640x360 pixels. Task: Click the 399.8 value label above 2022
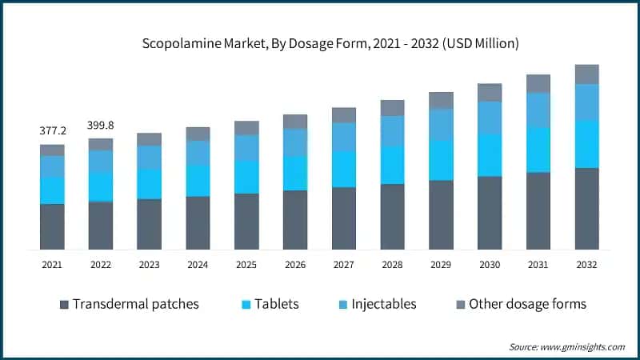click(x=101, y=125)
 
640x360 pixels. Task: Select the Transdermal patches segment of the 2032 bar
click(x=586, y=208)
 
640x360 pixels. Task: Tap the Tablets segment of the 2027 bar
click(x=344, y=169)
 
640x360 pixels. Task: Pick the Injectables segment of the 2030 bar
click(x=490, y=118)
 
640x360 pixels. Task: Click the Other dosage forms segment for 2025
click(x=246, y=128)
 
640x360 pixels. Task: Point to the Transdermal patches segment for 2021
click(x=52, y=226)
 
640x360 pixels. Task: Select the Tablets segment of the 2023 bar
click(x=150, y=184)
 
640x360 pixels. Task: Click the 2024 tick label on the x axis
click(x=198, y=264)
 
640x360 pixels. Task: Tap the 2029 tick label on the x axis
click(x=441, y=264)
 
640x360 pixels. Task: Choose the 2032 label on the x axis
click(x=586, y=264)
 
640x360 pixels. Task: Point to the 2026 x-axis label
click(x=295, y=264)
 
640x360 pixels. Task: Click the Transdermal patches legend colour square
click(x=64, y=304)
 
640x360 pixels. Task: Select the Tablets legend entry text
click(x=278, y=304)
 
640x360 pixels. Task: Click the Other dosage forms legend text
click(x=527, y=304)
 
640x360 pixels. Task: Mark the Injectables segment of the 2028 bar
click(x=392, y=131)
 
